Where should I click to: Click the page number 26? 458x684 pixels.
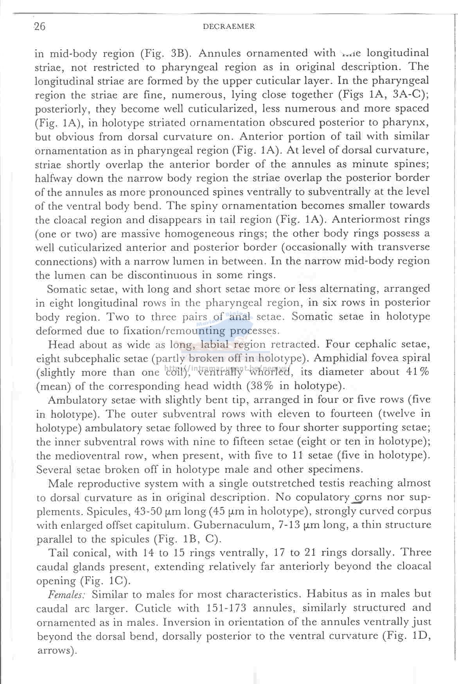coord(40,26)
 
